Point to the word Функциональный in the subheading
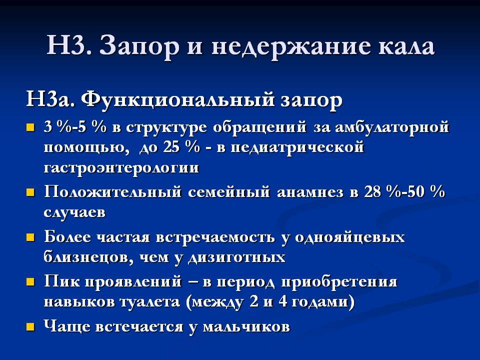point(178,99)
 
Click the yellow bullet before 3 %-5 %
point(30,127)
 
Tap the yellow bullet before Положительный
point(30,192)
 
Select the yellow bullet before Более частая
point(30,237)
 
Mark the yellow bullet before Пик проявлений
point(30,281)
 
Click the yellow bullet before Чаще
point(30,326)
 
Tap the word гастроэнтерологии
point(121,168)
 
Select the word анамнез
point(310,192)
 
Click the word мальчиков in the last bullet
point(246,327)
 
